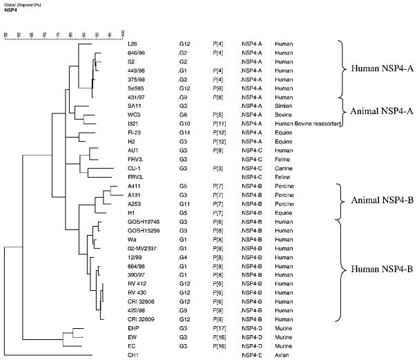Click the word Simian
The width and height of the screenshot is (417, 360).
(x=284, y=105)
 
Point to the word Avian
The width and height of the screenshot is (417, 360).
(x=282, y=354)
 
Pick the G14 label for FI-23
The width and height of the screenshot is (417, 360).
(x=183, y=131)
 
